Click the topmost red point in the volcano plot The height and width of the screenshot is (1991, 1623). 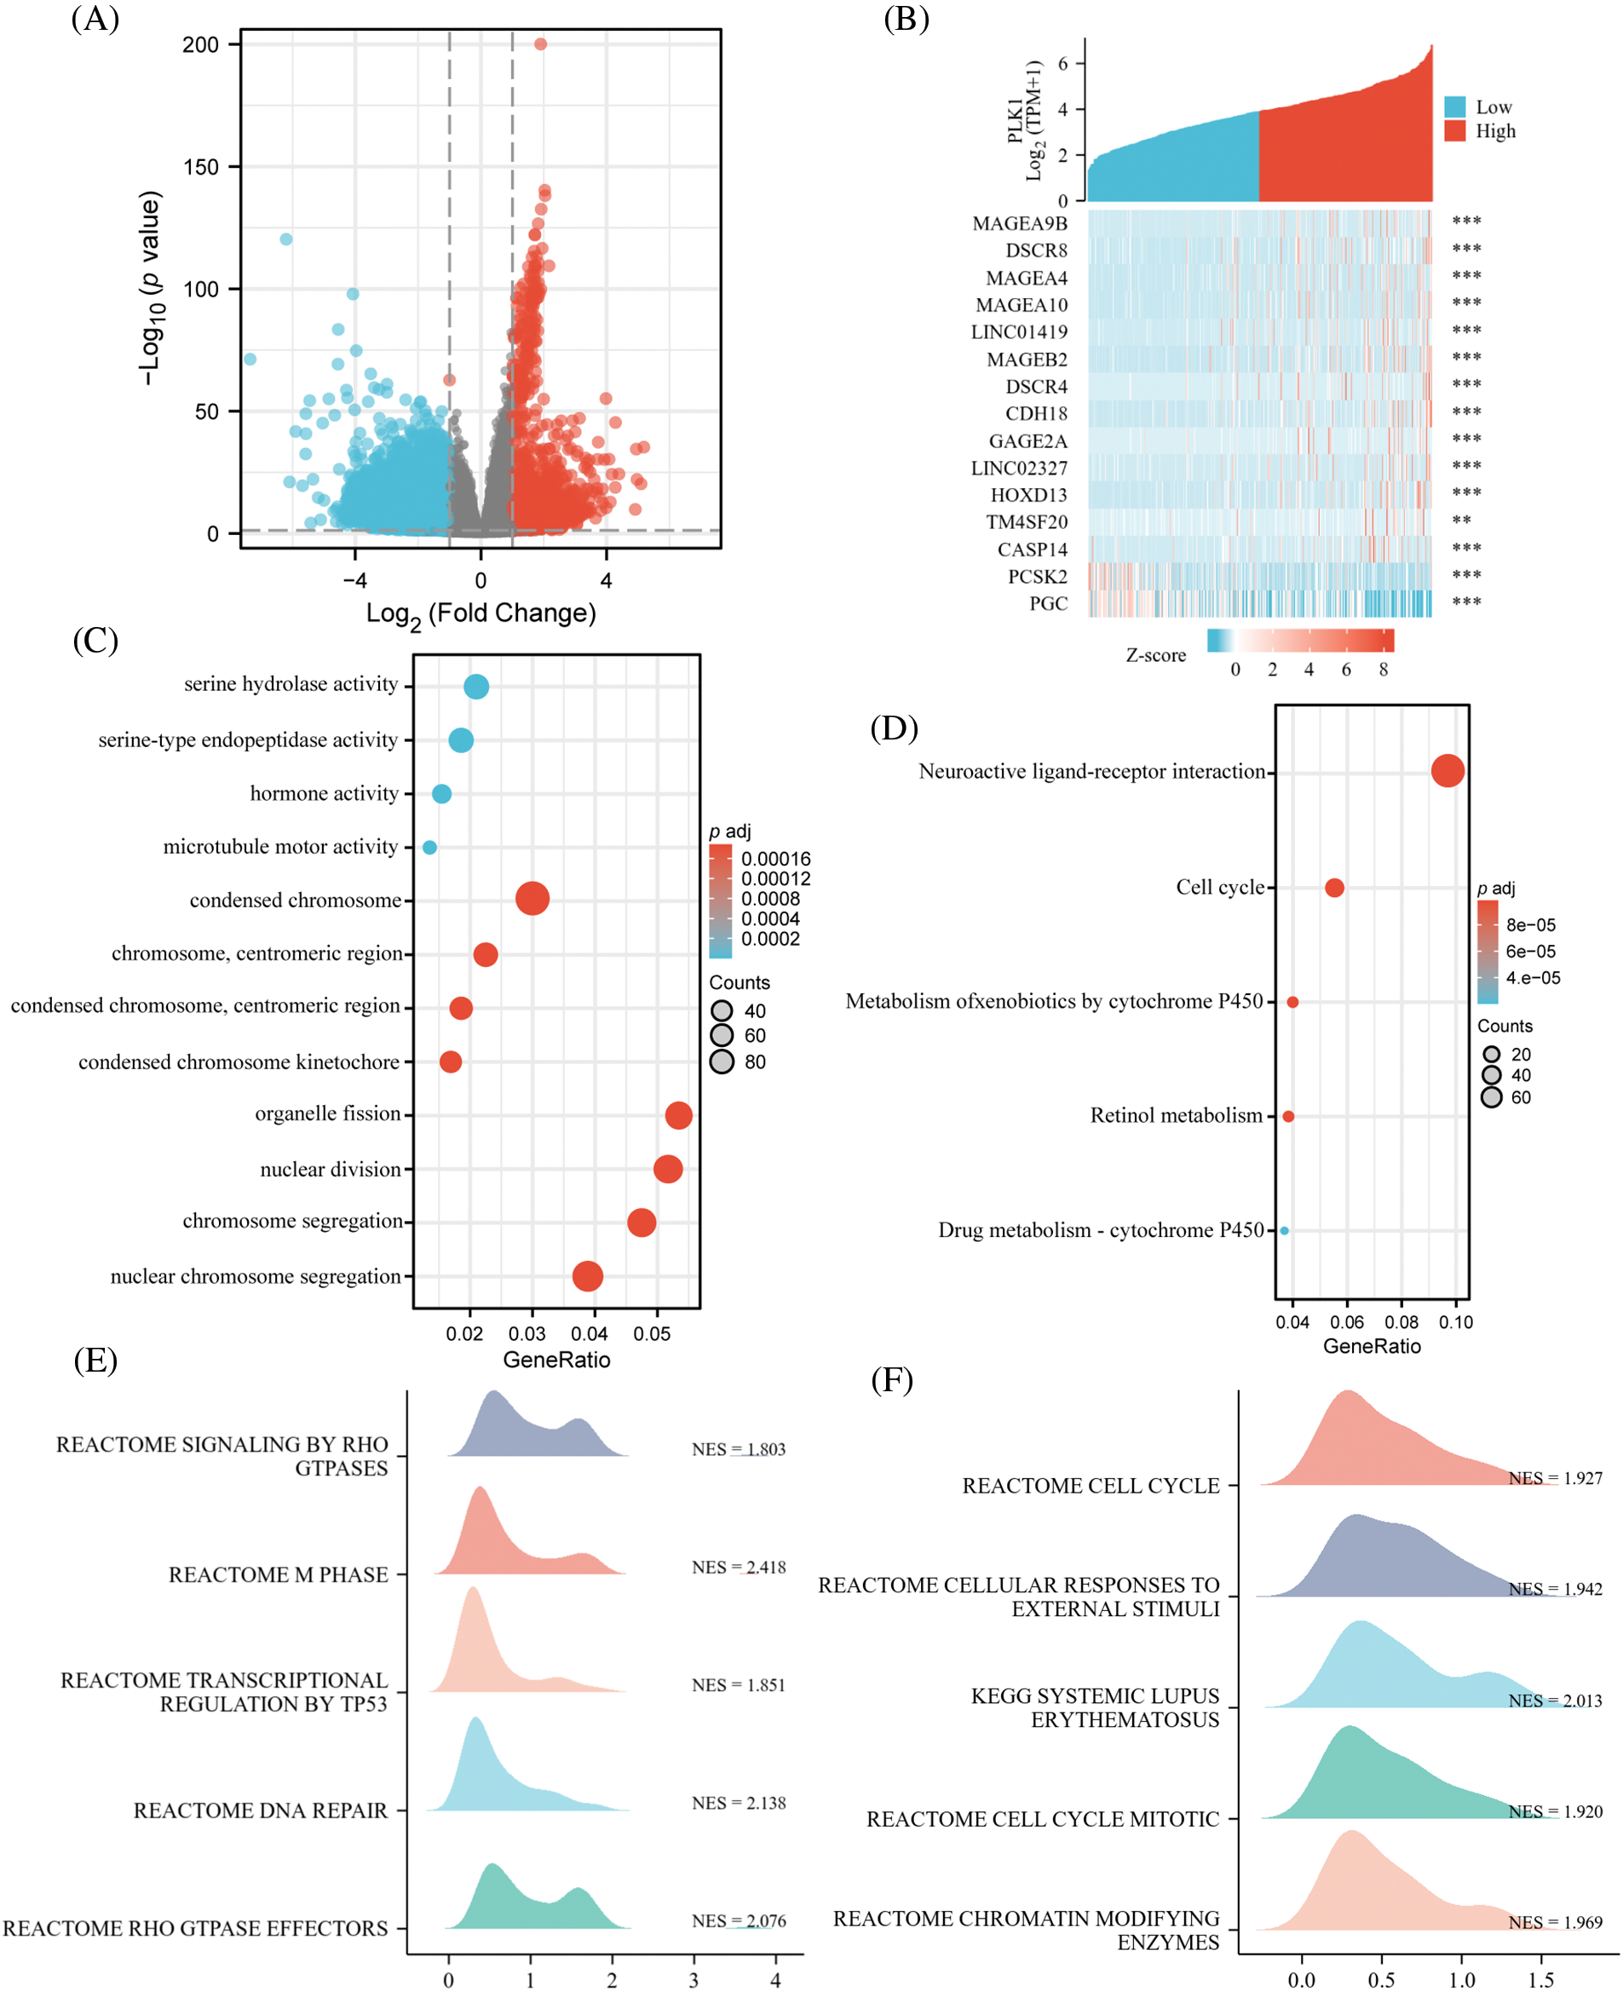click(540, 44)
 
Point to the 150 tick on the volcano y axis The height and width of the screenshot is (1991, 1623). click(201, 167)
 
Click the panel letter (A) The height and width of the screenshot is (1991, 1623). click(95, 19)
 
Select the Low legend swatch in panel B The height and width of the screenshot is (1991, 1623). click(1454, 106)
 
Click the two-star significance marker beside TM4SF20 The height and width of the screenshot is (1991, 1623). click(1461, 521)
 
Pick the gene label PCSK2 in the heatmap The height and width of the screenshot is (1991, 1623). click(1037, 577)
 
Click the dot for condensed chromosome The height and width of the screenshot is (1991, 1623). click(532, 898)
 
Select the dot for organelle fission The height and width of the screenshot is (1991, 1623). click(679, 1114)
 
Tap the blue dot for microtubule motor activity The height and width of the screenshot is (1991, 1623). click(429, 847)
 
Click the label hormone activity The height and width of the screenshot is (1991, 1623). click(324, 794)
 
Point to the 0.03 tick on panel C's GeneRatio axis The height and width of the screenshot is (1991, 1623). click(527, 1334)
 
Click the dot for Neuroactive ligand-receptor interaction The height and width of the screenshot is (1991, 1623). click(1447, 771)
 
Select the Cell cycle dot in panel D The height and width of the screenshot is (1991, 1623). click(1334, 887)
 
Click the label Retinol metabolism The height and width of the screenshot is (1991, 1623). click(1176, 1115)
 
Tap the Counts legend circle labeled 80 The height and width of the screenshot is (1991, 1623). click(722, 1061)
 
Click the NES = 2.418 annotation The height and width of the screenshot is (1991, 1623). click(739, 1568)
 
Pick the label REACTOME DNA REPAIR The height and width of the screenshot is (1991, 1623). click(260, 1810)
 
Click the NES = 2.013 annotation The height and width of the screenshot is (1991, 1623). click(1555, 1700)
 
